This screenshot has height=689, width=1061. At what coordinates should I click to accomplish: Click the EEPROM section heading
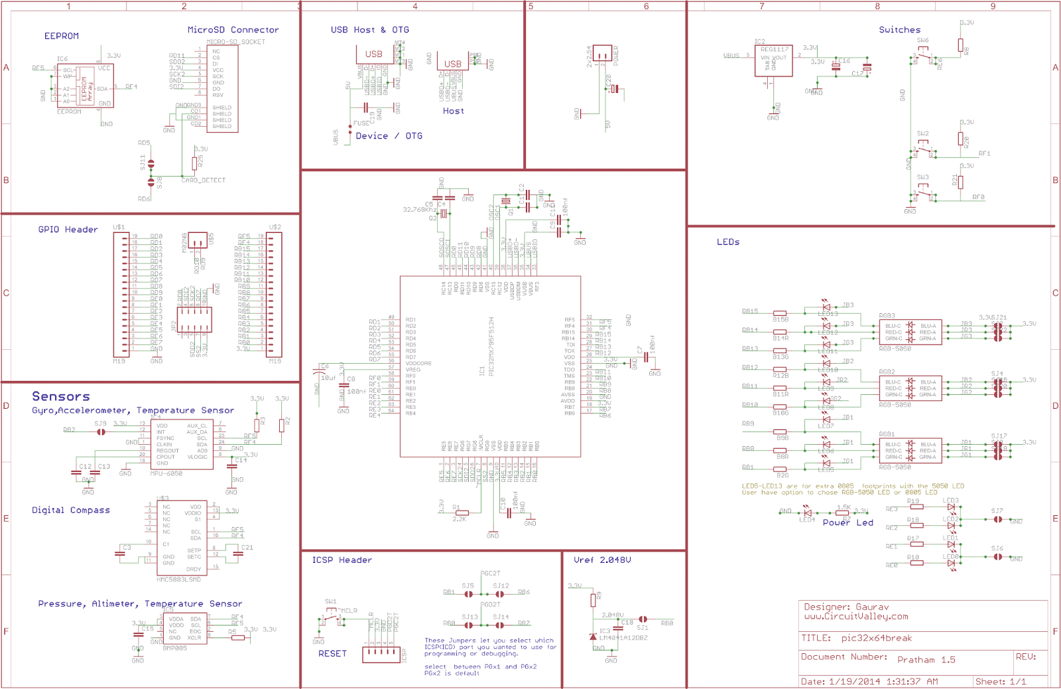pyautogui.click(x=61, y=36)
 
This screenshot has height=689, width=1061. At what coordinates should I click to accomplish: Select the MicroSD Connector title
pyautogui.click(x=233, y=30)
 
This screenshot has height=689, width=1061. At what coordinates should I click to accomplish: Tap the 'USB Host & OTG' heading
pyautogui.click(x=369, y=30)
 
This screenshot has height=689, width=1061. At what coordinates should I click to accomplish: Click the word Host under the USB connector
pyautogui.click(x=453, y=111)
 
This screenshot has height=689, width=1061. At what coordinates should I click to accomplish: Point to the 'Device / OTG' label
pyautogui.click(x=389, y=136)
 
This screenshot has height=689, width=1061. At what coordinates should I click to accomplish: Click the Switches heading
pyautogui.click(x=899, y=30)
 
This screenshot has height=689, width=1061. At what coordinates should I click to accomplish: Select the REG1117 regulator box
pyautogui.click(x=773, y=62)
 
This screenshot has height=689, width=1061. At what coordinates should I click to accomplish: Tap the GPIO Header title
pyautogui.click(x=68, y=230)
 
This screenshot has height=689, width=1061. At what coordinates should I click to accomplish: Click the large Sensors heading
pyautogui.click(x=60, y=396)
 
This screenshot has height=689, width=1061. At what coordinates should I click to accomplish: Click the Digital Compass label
pyautogui.click(x=70, y=510)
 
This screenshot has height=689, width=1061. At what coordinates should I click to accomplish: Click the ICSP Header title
pyautogui.click(x=342, y=560)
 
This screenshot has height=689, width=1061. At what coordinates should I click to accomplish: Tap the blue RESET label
pyautogui.click(x=332, y=654)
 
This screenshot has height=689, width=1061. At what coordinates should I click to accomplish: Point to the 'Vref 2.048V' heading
pyautogui.click(x=601, y=560)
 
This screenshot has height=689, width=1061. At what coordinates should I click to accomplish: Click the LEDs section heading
pyautogui.click(x=727, y=242)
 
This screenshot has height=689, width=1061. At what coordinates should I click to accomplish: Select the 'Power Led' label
pyautogui.click(x=847, y=523)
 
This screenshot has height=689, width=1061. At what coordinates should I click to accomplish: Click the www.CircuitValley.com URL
pyautogui.click(x=855, y=617)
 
